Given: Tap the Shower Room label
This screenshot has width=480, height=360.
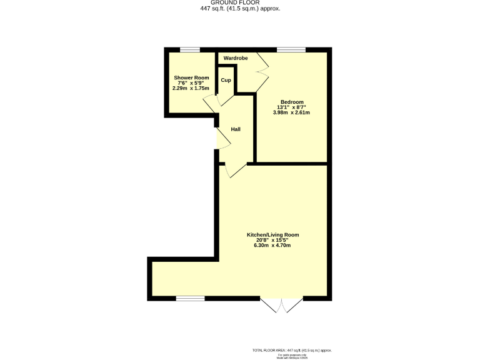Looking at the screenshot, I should [191, 77].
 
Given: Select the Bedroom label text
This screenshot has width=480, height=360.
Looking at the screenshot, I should [292, 102].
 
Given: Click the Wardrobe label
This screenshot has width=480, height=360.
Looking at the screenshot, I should [236, 58].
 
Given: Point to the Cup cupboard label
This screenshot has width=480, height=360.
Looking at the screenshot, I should [226, 80].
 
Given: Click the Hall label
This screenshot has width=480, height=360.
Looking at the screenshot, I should [236, 129].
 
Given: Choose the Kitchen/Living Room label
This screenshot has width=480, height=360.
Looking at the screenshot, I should [272, 235].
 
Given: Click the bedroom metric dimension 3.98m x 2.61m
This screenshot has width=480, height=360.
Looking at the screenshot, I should [292, 112].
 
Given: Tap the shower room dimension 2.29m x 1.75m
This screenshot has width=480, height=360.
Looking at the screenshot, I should [191, 88].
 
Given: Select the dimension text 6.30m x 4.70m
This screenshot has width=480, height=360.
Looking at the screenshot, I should [272, 245].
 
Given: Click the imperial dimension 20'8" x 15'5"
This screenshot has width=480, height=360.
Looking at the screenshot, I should [272, 240].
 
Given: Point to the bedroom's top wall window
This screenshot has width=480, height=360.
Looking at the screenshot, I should [291, 49].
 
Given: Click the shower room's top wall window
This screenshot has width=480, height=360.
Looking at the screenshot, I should [190, 49].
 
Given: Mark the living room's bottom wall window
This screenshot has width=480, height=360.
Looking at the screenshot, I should [190, 298].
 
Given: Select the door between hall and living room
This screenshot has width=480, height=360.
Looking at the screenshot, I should [234, 169].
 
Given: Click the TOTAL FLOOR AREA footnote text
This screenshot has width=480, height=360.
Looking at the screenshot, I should [292, 350].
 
